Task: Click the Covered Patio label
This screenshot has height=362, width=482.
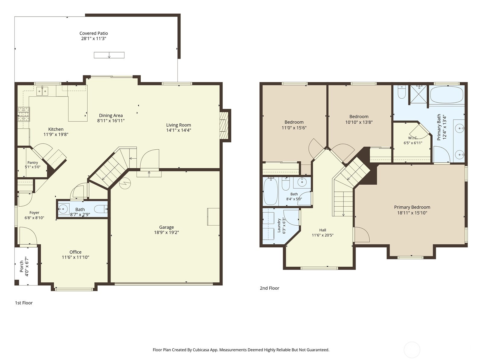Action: (x=94, y=33)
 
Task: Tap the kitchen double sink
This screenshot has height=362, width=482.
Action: (x=42, y=91)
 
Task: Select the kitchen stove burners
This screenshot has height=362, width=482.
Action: (x=24, y=114)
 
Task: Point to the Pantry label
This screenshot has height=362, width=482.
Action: (x=33, y=162)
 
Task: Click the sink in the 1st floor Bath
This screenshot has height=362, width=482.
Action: (x=64, y=209)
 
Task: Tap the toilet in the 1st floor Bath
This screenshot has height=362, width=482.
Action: (x=102, y=209)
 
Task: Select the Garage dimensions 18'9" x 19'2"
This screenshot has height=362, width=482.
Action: (x=167, y=232)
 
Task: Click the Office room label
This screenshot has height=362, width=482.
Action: (x=75, y=252)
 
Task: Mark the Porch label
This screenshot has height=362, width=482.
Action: (x=21, y=266)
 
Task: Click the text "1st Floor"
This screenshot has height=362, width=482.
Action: (x=24, y=303)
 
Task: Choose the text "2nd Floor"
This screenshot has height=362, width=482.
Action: (x=269, y=288)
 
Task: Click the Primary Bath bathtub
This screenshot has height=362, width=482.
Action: (x=446, y=95)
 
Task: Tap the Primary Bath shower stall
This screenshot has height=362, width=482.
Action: (x=419, y=94)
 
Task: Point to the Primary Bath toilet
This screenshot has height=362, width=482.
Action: (x=402, y=92)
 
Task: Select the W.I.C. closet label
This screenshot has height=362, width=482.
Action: (x=413, y=138)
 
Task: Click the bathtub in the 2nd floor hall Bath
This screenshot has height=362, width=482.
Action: (x=271, y=191)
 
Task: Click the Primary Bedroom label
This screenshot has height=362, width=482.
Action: (x=412, y=207)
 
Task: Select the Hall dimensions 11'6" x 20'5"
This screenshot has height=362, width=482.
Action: (x=323, y=235)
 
